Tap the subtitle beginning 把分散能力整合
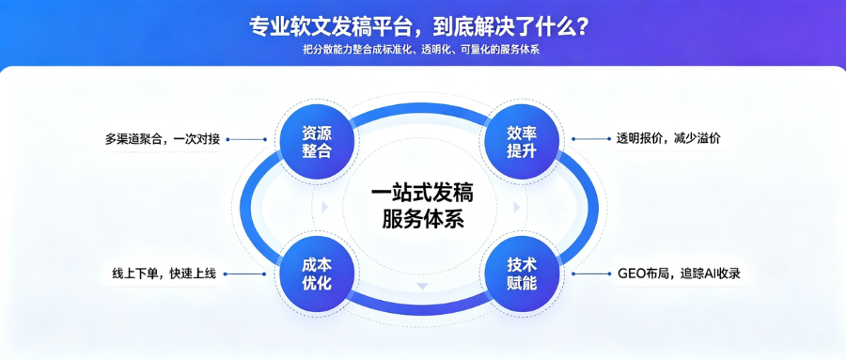421,50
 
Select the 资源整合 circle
317,141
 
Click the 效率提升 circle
522,141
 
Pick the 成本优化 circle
317,274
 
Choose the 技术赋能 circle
522,274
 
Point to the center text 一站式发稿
423,194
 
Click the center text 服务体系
423,220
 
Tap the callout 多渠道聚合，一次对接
163,139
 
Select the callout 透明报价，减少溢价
668,139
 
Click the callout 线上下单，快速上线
164,274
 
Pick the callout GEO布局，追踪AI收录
679,274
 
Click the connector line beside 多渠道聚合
247,139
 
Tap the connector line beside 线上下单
245,274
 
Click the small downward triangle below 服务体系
422,286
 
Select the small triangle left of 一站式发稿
325,207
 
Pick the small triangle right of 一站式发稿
516,207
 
